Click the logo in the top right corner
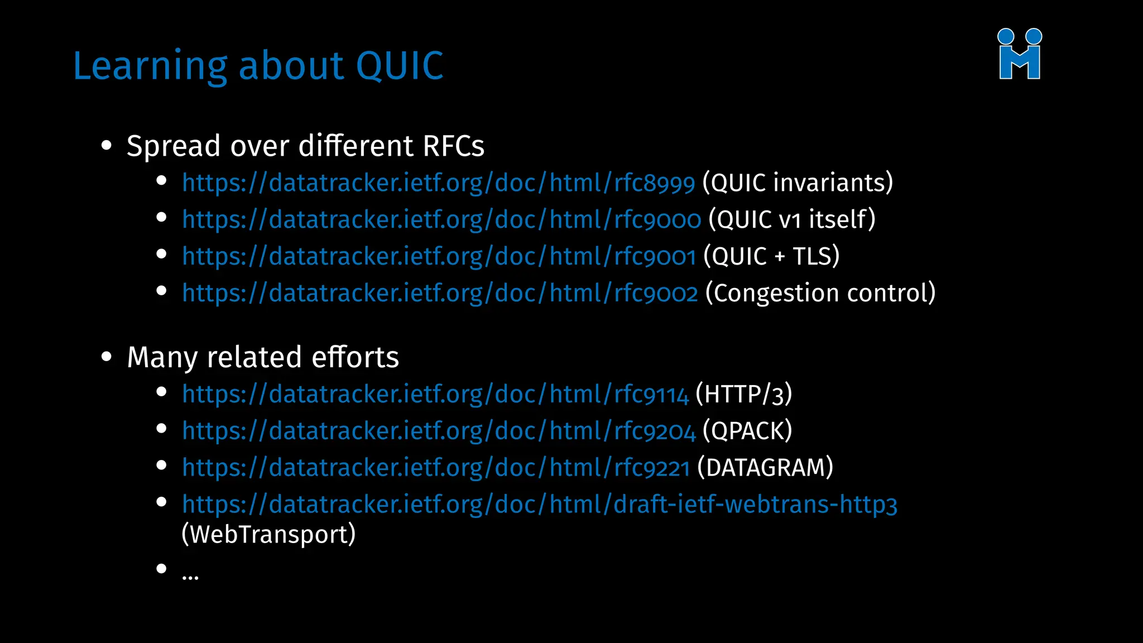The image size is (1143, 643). point(1020,54)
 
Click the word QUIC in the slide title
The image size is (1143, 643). point(399,66)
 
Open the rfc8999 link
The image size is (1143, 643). point(438,183)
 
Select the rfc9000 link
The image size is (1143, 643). point(441,220)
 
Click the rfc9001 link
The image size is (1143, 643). point(439,257)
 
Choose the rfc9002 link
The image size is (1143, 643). point(440,294)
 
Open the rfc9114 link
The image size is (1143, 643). point(435,395)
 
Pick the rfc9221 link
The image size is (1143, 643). point(436,468)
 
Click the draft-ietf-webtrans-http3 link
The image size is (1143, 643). point(539,505)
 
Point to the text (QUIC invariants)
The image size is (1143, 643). point(798,183)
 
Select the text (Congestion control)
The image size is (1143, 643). point(820,294)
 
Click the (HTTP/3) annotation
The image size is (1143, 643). point(743,395)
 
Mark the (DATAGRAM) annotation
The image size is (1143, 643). point(765,468)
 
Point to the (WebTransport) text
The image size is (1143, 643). point(268,535)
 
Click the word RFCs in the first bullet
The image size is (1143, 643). point(453,146)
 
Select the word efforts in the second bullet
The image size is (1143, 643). point(355,358)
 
